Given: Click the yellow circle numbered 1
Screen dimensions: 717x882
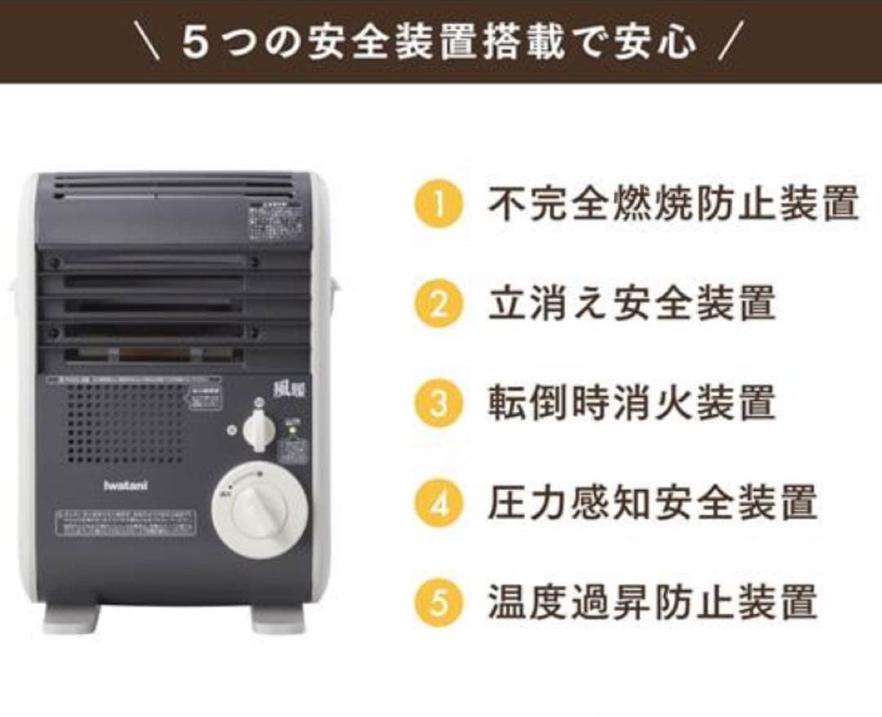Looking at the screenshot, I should tap(439, 204).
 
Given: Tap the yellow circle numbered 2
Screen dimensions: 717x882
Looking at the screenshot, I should tap(439, 304).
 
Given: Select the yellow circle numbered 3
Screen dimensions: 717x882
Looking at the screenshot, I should tap(439, 403).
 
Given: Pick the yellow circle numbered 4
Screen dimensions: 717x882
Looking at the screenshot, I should tap(439, 504).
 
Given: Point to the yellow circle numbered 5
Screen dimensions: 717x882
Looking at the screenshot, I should tap(439, 603).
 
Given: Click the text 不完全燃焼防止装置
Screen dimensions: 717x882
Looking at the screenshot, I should tap(673, 204).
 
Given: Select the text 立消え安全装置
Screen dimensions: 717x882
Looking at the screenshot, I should tap(631, 304).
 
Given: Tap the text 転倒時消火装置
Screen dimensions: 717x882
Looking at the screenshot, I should tap(631, 403).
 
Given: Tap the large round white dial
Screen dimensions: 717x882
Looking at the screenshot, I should tap(261, 510).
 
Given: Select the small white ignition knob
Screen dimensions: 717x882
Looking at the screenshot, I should tap(259, 428).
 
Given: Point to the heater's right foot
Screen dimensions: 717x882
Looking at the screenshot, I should tap(278, 618).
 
